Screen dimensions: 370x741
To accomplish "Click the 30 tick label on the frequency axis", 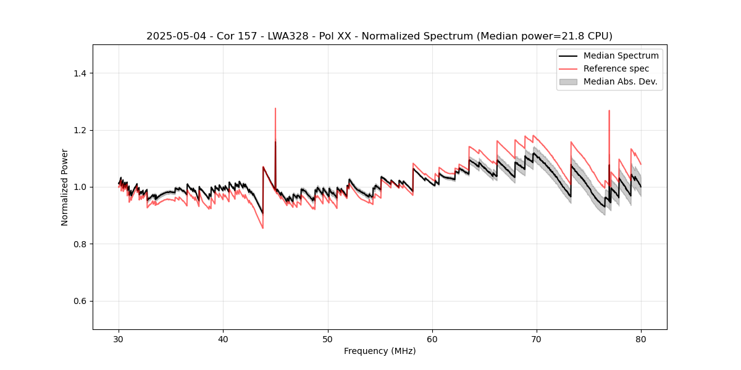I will [119, 339].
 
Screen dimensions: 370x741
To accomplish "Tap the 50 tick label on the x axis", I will [328, 339].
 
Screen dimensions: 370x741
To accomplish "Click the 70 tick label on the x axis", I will [537, 339].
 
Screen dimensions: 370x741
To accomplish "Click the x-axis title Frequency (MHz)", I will [380, 351].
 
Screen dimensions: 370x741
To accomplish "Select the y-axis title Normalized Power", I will [65, 187].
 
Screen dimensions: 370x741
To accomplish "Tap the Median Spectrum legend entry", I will [621, 55].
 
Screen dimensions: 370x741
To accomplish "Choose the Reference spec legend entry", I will [617, 68].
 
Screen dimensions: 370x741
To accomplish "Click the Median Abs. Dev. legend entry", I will [620, 81].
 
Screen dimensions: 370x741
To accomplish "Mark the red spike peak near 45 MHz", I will [275, 109].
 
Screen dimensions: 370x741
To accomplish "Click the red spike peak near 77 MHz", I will [609, 110].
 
